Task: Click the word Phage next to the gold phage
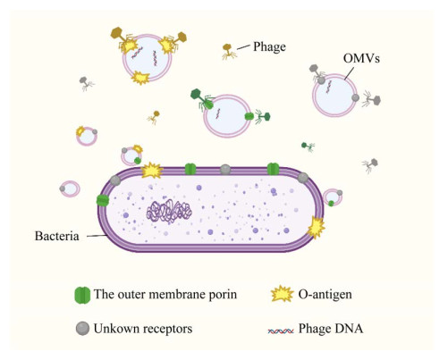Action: pos(269,46)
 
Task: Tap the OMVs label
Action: pos(361,58)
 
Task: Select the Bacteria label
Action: pos(57,236)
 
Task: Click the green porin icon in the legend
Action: pos(82,295)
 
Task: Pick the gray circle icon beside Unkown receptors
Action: pos(82,329)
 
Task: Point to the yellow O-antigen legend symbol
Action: pos(282,294)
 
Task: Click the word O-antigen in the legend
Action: pos(325,294)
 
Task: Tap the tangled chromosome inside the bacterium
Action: pos(169,211)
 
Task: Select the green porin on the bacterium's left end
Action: pos(103,200)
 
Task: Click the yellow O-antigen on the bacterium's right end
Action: pos(316,228)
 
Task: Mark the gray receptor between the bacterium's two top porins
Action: pos(225,170)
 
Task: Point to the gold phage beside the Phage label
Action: pos(229,51)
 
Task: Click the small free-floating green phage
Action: pos(308,147)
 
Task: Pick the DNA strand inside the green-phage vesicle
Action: pos(218,114)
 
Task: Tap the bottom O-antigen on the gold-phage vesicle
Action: pos(140,78)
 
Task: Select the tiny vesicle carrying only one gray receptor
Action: pos(70,188)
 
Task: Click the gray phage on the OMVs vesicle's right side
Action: pos(371,100)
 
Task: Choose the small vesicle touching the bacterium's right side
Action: pos(333,197)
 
